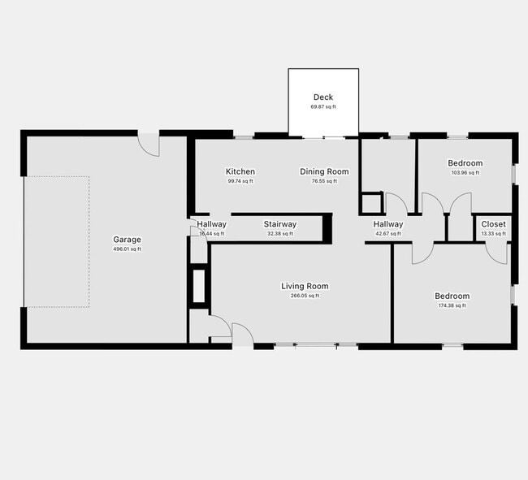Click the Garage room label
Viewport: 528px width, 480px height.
click(127, 240)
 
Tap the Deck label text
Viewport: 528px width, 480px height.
click(323, 97)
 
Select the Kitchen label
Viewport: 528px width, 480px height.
click(240, 171)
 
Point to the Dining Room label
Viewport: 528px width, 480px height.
click(324, 171)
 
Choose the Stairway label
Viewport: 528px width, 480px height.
click(279, 224)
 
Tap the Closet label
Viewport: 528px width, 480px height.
click(493, 224)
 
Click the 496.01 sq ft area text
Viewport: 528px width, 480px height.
click(127, 249)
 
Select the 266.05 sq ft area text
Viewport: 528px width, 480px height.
click(305, 296)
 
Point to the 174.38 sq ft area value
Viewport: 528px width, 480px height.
click(452, 305)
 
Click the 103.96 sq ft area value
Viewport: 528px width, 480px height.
click(465, 172)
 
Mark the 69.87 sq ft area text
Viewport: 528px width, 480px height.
click(323, 106)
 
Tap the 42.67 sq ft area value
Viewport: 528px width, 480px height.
click(388, 234)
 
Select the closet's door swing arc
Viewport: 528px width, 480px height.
click(496, 253)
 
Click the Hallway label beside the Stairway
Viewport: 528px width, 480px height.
click(211, 224)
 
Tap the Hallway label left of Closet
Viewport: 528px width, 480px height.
click(388, 224)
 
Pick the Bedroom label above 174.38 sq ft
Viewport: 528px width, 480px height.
click(452, 296)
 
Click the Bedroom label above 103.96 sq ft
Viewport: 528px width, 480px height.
click(465, 163)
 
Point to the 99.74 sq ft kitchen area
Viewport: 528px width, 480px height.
click(240, 181)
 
